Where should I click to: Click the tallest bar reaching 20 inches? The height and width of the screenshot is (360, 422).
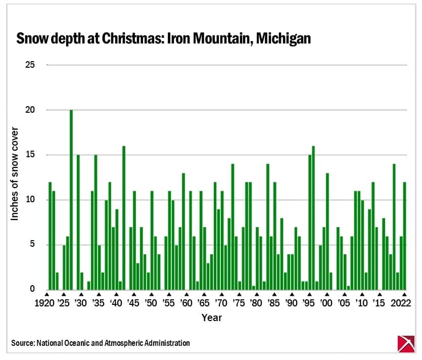(x=71, y=200)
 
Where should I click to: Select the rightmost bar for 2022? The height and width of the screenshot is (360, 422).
(x=404, y=236)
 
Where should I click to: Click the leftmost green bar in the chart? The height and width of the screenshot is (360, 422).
(x=50, y=236)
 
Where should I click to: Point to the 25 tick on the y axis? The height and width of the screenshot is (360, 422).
(x=30, y=65)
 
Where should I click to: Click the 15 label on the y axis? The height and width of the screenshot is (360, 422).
(x=30, y=155)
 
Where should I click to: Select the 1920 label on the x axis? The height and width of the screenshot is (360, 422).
(x=46, y=304)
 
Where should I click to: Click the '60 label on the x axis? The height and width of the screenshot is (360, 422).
(x=185, y=304)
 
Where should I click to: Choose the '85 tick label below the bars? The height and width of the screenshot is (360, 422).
(x=273, y=304)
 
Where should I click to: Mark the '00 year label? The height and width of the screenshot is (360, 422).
(x=326, y=304)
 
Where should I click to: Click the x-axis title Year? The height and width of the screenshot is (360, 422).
(x=211, y=318)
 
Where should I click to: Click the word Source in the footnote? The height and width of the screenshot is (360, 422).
(x=22, y=343)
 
